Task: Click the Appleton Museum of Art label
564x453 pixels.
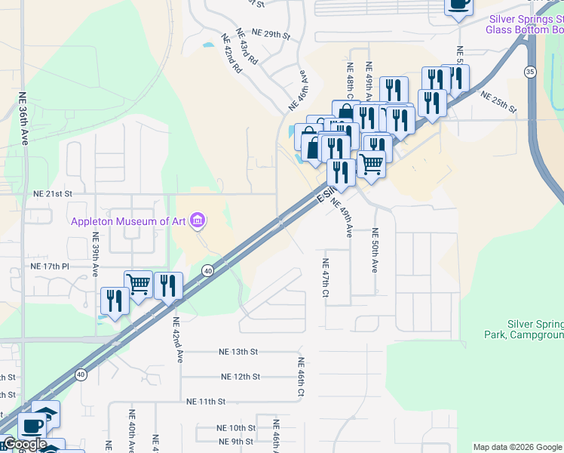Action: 130,221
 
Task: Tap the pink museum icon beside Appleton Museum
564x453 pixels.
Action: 198,220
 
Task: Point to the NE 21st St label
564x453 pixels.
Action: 53,194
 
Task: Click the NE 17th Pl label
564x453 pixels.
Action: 50,267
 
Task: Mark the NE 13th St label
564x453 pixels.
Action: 238,352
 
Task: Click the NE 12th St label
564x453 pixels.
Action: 241,376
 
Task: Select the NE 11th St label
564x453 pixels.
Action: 207,402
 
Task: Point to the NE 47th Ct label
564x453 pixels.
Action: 326,278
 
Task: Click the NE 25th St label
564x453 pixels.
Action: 498,103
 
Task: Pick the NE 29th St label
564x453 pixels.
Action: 271,34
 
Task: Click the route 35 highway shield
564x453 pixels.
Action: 530,72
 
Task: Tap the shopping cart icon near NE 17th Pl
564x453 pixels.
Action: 138,284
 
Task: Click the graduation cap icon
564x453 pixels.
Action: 47,413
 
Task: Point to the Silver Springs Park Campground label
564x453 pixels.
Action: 525,328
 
